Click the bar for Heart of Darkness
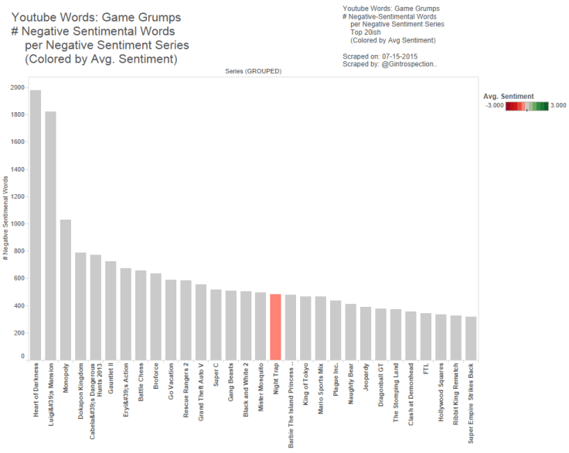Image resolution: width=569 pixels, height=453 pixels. [36, 224]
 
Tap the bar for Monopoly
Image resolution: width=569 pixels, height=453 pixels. [66, 290]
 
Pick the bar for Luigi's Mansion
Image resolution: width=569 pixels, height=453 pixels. [51, 236]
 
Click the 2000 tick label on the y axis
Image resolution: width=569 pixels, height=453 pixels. [16, 87]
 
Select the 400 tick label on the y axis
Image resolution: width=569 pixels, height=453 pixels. [19, 305]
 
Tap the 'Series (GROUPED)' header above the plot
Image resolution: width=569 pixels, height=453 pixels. [253, 70]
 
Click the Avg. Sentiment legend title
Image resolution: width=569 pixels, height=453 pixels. [508, 97]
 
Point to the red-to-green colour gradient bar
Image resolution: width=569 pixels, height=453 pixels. [526, 106]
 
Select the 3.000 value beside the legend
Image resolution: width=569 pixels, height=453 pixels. [559, 106]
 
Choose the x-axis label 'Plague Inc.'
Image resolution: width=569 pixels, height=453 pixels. [336, 383]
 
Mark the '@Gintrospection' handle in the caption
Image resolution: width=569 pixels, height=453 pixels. [411, 64]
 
